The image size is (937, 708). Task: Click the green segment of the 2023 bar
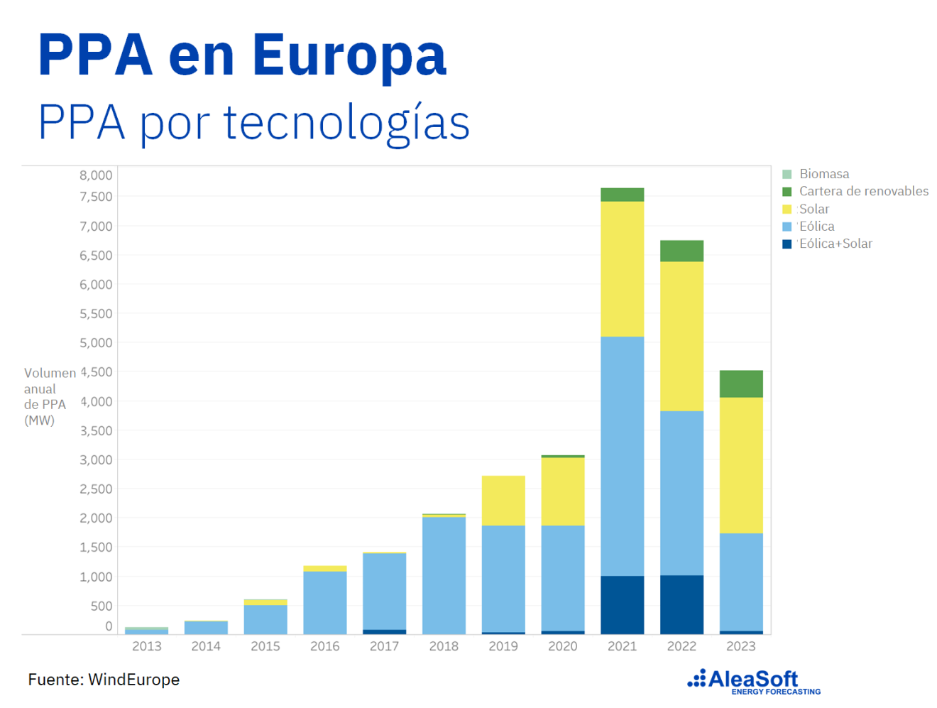[741, 384]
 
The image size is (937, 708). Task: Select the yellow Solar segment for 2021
[622, 269]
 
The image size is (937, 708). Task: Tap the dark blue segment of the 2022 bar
[681, 604]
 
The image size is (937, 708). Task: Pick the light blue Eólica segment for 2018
[444, 575]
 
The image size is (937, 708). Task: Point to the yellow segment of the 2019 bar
[503, 501]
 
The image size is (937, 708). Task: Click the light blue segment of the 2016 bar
[325, 602]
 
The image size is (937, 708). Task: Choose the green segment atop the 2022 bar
[681, 251]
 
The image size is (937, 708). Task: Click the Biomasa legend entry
[823, 174]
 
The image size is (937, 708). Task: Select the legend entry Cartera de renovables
[863, 191]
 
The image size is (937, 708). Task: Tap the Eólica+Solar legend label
[835, 244]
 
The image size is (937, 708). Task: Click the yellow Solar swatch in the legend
[787, 209]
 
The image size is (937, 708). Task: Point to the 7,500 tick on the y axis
[96, 197]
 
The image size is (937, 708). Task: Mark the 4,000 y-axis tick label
[96, 401]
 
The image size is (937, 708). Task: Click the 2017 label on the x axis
[384, 646]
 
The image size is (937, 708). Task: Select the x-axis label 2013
[147, 646]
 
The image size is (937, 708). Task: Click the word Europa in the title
[349, 55]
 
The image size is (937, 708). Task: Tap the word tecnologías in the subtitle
[346, 123]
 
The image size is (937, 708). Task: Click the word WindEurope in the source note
[133, 680]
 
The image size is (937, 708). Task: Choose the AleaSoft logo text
[752, 680]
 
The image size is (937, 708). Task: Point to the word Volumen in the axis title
[50, 373]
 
